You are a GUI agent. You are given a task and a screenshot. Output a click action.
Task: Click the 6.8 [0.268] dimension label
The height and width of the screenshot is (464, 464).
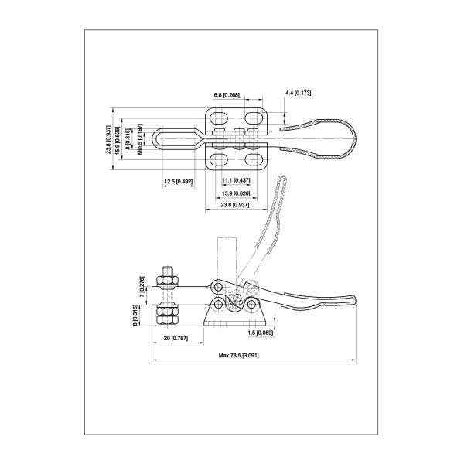click(x=227, y=95)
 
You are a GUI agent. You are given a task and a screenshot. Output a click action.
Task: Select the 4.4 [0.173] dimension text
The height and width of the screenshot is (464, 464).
click(x=298, y=93)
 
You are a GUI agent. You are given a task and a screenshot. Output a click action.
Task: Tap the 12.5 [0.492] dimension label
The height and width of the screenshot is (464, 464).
click(x=178, y=182)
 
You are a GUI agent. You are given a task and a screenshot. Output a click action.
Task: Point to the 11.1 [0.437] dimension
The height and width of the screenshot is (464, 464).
click(x=234, y=180)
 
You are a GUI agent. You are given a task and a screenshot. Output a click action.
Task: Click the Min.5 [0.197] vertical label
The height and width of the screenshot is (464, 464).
click(x=140, y=138)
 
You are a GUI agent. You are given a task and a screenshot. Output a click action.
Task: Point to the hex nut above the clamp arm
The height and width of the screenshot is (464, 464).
click(x=167, y=278)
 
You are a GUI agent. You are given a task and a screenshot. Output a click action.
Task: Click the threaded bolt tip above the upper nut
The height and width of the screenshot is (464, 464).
click(x=167, y=269)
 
